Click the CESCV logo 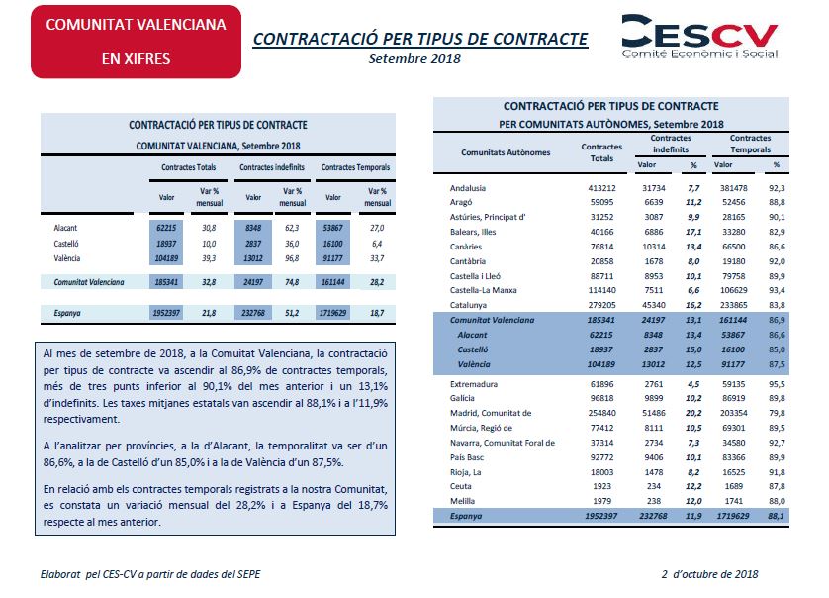click(699, 36)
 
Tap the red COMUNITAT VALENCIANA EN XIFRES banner click(136, 42)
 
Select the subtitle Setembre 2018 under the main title click(414, 58)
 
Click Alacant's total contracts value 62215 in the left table click(166, 228)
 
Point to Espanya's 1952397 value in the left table click(166, 313)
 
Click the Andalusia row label click(467, 188)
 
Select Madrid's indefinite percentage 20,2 click(693, 413)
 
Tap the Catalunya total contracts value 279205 click(601, 305)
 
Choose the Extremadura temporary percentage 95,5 click(777, 384)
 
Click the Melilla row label click(462, 501)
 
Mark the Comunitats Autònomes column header click(506, 152)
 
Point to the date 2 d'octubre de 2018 click(709, 574)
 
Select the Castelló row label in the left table click(66, 244)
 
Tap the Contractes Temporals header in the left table click(355, 167)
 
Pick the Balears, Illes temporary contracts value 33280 click(733, 232)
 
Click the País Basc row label click(466, 457)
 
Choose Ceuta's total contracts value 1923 click(601, 486)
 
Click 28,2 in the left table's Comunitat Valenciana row click(377, 282)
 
